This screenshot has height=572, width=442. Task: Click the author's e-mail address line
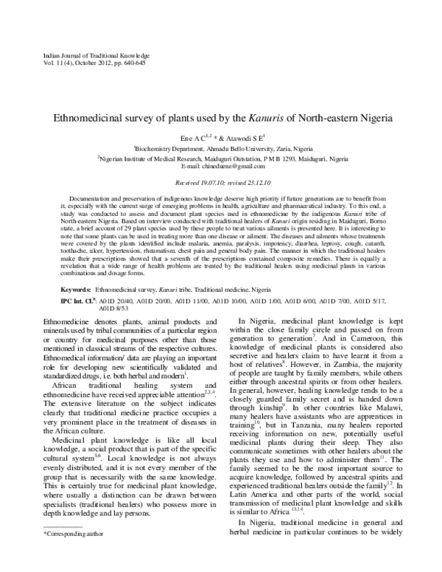click(221, 166)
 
